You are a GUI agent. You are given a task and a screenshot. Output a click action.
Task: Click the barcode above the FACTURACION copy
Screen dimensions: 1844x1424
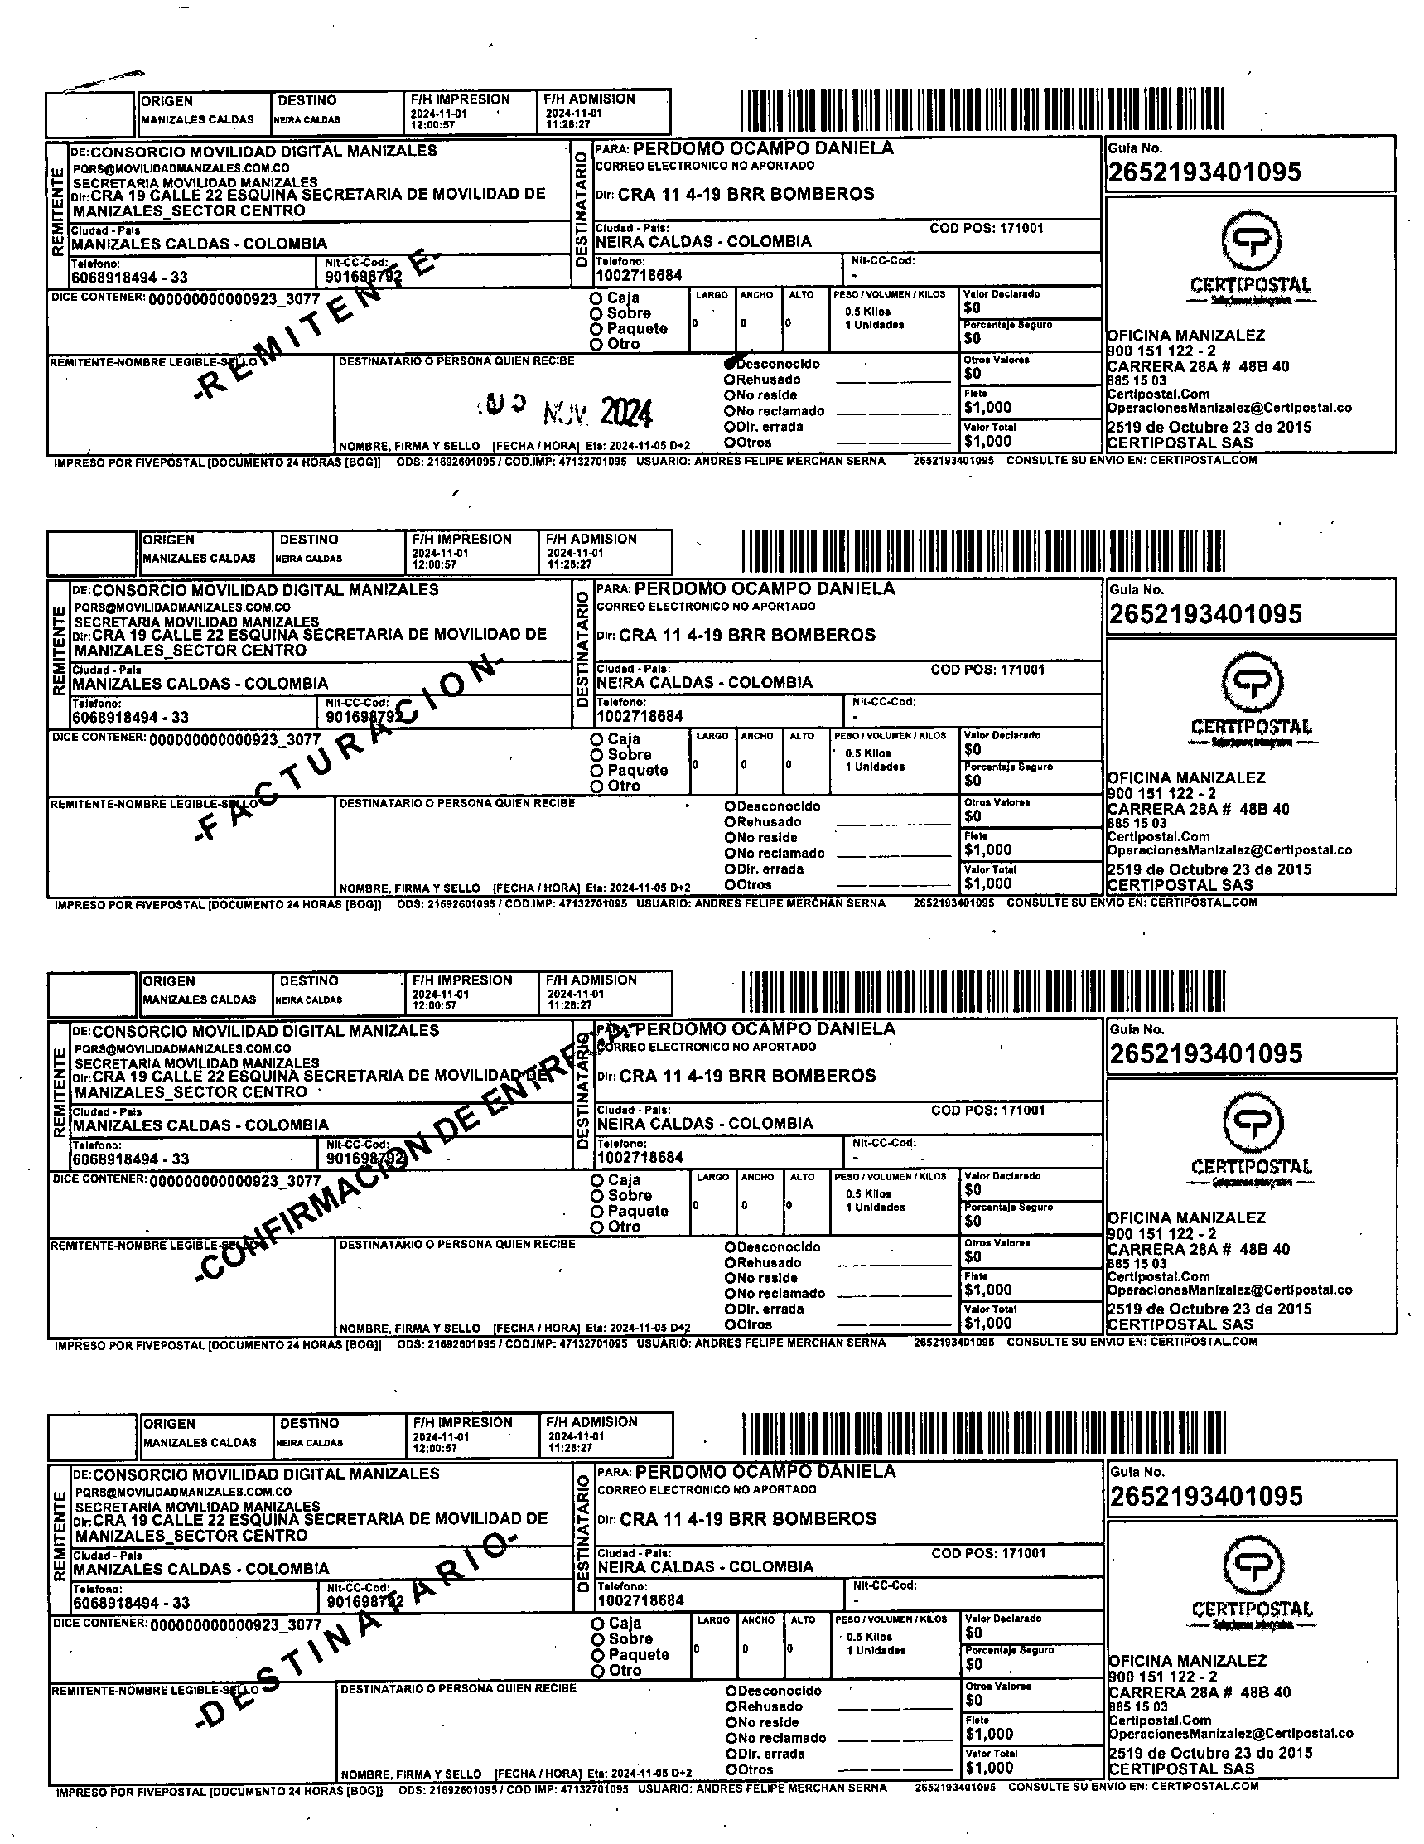click(x=982, y=550)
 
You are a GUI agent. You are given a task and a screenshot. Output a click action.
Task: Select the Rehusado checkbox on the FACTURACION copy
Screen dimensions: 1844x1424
click(x=730, y=821)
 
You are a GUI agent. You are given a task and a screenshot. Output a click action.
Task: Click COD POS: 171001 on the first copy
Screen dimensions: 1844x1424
click(x=987, y=228)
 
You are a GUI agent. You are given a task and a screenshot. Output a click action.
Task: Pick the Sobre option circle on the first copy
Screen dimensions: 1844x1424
click(x=596, y=314)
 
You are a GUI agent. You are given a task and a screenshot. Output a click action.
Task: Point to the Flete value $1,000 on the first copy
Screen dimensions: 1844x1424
click(x=987, y=407)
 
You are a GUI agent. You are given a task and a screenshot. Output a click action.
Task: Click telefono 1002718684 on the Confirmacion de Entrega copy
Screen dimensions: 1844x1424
click(x=640, y=1158)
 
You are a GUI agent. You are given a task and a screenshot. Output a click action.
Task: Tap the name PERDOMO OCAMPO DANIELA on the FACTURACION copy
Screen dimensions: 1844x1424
click(x=764, y=588)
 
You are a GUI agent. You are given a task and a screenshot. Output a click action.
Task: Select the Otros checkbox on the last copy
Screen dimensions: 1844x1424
click(x=731, y=1769)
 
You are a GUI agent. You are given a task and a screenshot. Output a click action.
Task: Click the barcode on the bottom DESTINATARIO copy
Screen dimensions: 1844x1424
click(x=983, y=1434)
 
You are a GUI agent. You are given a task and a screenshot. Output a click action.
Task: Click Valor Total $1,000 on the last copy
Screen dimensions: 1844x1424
click(x=989, y=1767)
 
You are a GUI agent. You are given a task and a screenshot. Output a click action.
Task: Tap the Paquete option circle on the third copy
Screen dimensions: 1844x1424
click(x=596, y=1212)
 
